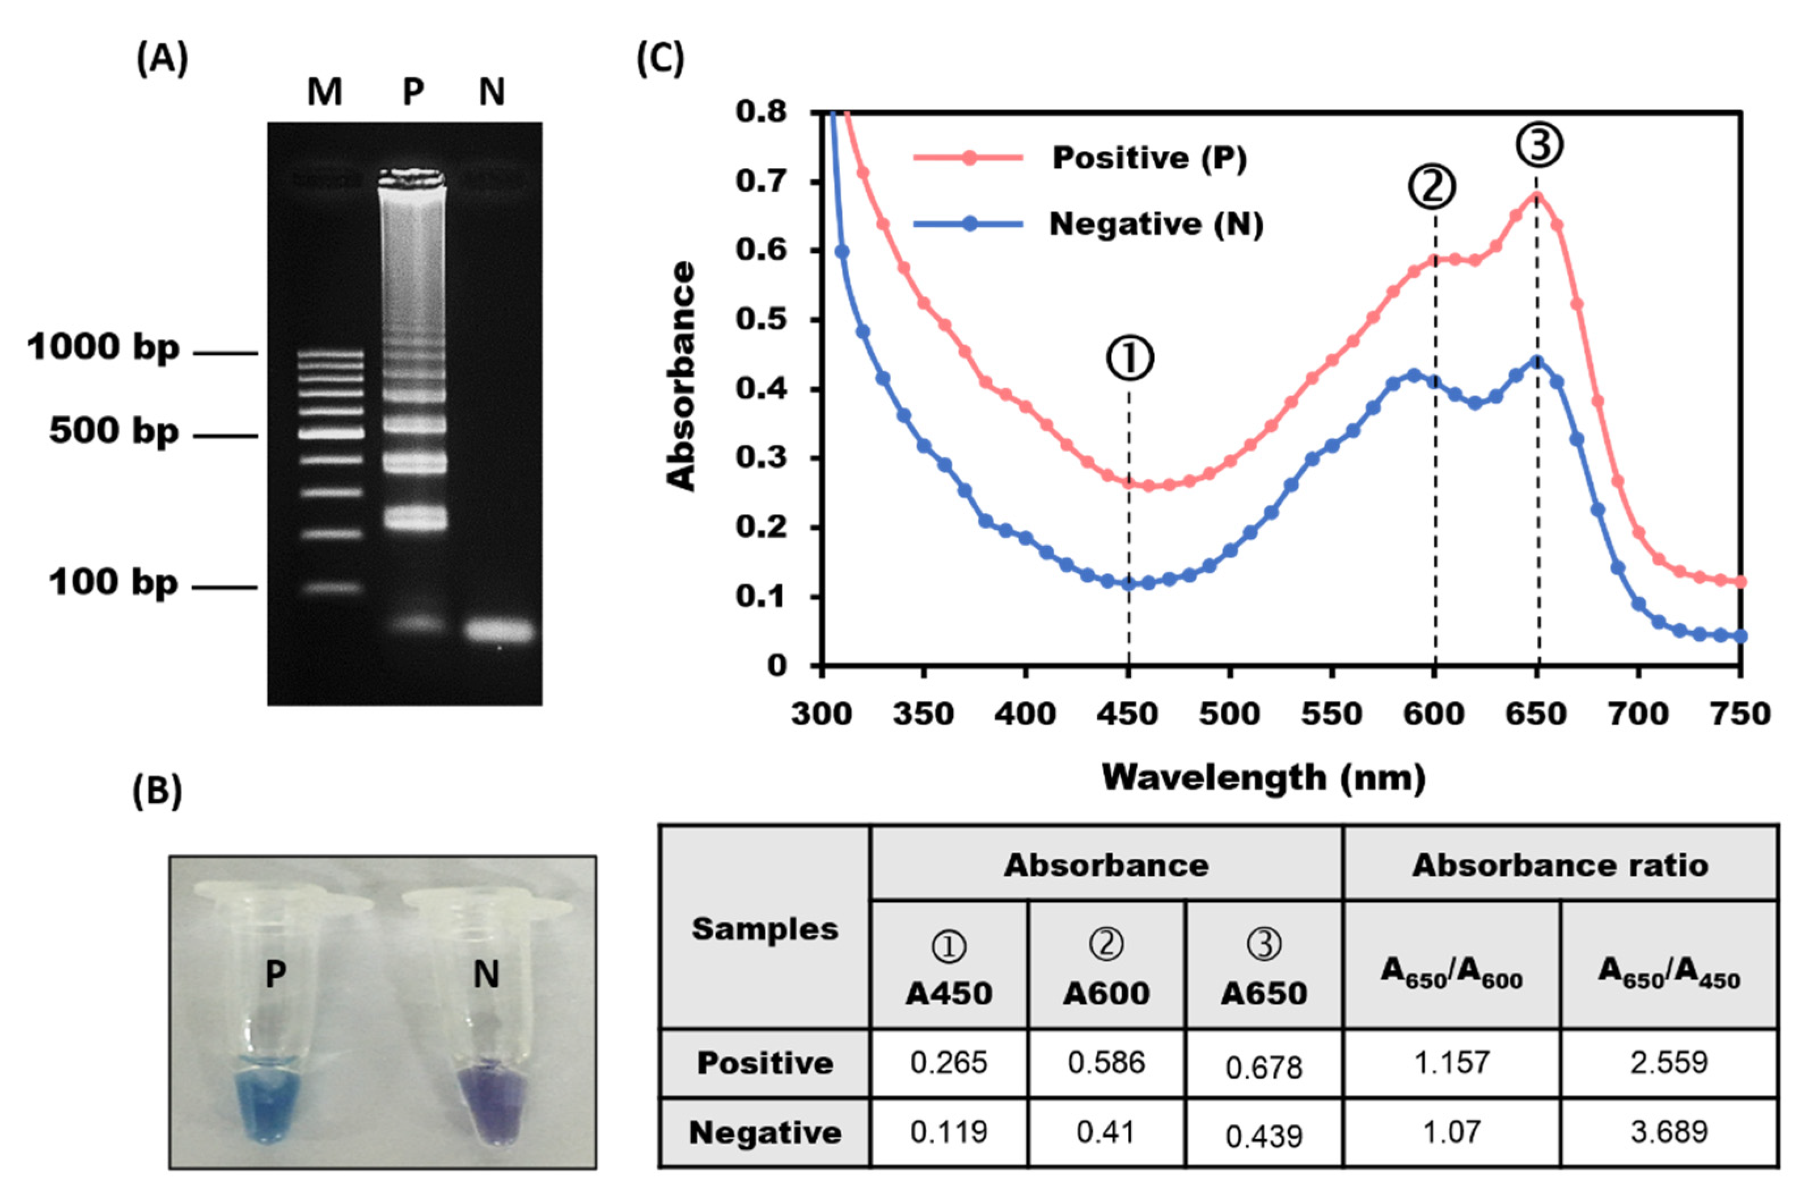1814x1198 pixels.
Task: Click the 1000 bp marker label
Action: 103,348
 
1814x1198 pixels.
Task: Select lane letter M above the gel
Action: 324,92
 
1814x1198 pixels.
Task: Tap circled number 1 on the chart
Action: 1130,359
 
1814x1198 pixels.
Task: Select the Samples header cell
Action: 764,929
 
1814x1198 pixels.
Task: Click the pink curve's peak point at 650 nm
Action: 1536,196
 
